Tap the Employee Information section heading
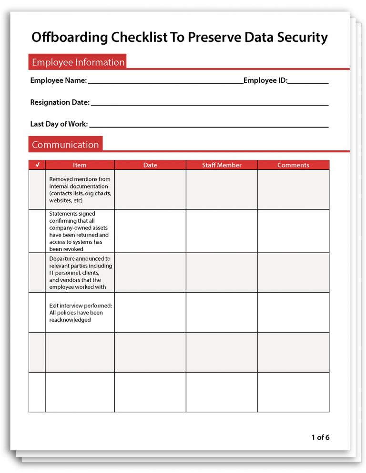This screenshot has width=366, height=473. pos(78,62)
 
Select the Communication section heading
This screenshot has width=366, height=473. pos(65,145)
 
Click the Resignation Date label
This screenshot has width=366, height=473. pos(60,102)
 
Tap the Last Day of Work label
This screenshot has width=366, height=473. pos(59,124)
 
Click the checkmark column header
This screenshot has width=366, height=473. pos(37,165)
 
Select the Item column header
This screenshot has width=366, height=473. pos(80,165)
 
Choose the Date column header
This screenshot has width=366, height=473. pos(150,165)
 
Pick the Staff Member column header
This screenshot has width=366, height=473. pos(222,165)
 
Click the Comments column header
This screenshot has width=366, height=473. pos(293,165)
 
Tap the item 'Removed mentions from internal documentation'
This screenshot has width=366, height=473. pos(80,190)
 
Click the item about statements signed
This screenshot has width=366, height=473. pos(79,231)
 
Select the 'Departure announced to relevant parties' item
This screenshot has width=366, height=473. pos(80,273)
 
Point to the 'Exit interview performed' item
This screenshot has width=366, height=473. pos(80,313)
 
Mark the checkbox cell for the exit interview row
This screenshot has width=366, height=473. pos(37,313)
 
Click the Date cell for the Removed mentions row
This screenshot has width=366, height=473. pos(150,190)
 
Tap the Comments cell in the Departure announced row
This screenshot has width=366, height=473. pos(293,273)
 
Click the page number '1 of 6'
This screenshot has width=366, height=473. pos(320,437)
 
